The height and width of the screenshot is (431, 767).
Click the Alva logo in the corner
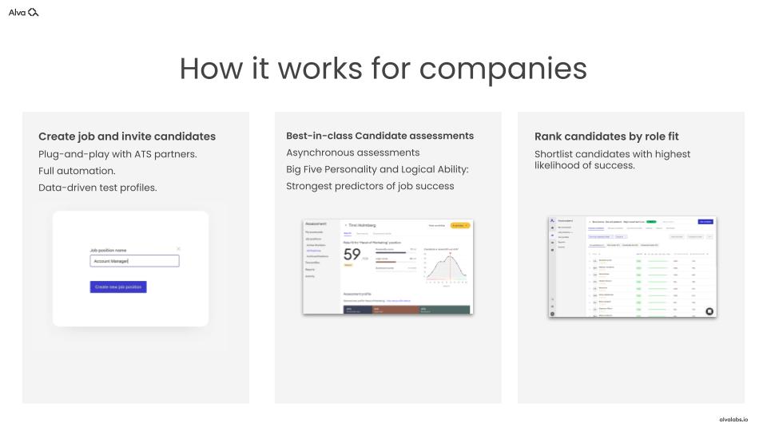tap(23, 12)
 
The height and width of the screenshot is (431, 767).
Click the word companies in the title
tap(503, 69)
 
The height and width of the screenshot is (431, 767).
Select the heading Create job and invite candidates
tap(127, 136)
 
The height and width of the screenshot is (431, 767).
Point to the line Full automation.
tap(77, 171)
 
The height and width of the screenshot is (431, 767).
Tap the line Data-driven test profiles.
tap(97, 188)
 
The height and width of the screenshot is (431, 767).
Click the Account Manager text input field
tap(134, 261)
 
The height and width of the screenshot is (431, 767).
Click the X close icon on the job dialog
tap(178, 249)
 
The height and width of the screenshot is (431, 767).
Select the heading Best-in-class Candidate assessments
tap(380, 136)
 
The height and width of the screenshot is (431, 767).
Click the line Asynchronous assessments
tap(352, 152)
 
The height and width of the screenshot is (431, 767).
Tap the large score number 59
tap(352, 256)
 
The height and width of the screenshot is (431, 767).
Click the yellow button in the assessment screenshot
tap(460, 226)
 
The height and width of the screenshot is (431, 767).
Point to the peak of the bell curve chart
tap(450, 256)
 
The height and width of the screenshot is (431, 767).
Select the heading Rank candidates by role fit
tap(606, 136)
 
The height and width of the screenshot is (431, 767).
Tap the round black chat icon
tap(709, 311)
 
